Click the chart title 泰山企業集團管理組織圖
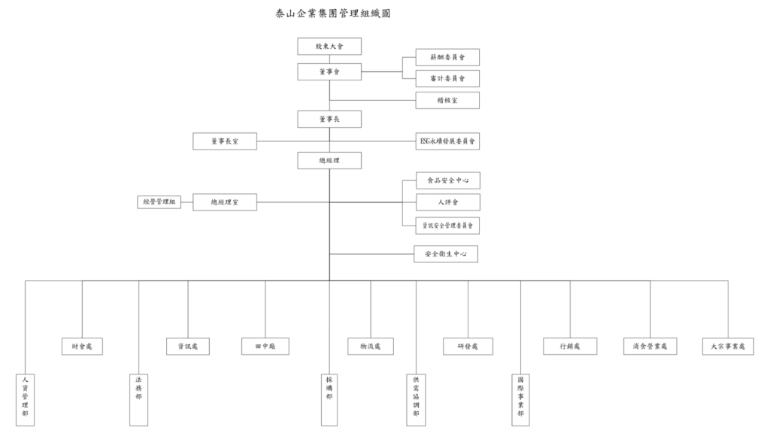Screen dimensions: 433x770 (333, 14)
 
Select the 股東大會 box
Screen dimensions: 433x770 (329, 47)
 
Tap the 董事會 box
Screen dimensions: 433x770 (329, 72)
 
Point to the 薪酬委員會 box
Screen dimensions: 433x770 (447, 57)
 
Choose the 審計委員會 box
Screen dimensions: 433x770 (447, 78)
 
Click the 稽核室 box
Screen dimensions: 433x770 (447, 100)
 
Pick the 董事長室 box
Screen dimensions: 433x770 (224, 141)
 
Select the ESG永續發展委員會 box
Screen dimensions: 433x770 (447, 141)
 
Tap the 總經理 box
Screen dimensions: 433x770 (329, 160)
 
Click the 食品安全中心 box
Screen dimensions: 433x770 (447, 180)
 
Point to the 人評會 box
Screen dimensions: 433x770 (447, 202)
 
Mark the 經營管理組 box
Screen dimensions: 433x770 (159, 202)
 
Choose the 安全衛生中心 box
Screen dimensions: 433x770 (446, 255)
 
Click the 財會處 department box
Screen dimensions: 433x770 (82, 347)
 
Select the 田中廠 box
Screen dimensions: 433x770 (265, 347)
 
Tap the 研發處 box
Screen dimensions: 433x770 (468, 347)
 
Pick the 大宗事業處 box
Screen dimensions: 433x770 (727, 347)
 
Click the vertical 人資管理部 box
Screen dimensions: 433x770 (25, 399)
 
